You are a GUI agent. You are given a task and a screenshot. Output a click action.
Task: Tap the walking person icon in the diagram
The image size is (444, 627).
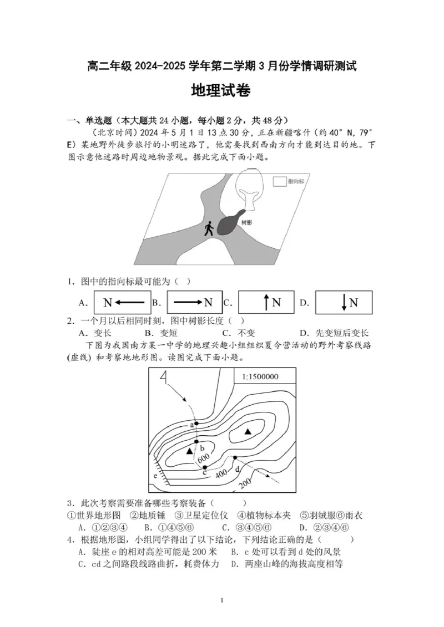pos(209,228)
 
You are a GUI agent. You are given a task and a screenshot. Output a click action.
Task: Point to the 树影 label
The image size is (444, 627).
pos(246,222)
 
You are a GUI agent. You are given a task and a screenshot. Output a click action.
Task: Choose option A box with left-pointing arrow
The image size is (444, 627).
pos(122,303)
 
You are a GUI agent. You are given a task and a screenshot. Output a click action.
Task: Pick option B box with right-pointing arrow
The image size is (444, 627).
pos(194,303)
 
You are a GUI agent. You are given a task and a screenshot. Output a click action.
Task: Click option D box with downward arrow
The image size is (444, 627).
pos(343,303)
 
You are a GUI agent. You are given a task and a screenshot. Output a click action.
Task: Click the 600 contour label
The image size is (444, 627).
pos(203,458)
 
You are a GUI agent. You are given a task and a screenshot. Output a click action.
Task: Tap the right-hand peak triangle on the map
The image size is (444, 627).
pos(248,431)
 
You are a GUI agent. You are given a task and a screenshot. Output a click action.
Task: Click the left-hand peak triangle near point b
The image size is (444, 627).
pos(190,451)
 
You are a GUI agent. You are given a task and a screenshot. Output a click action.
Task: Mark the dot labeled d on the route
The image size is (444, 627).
pos(235,458)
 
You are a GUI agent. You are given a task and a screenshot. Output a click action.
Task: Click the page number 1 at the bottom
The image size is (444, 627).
pos(221,600)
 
